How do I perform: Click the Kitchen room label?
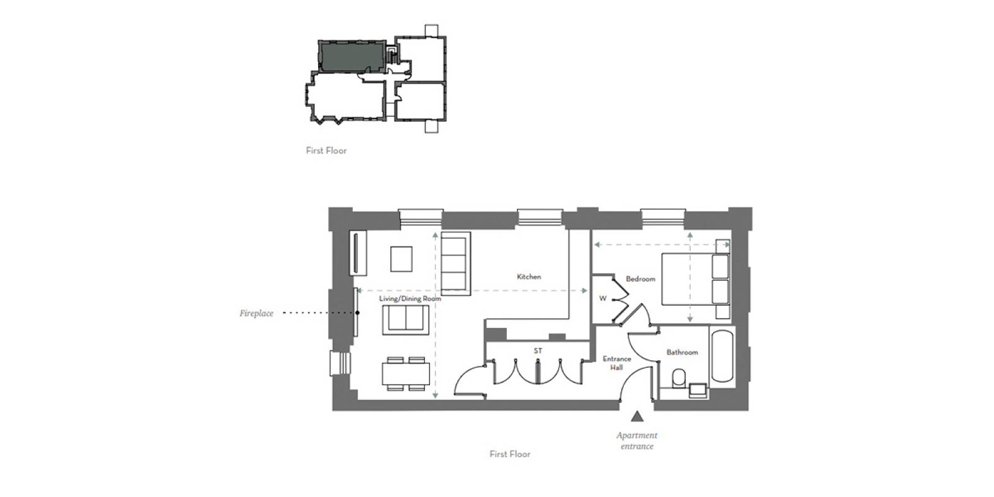click(x=529, y=276)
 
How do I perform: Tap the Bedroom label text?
click(x=640, y=279)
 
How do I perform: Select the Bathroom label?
click(x=682, y=352)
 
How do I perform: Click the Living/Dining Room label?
click(x=410, y=299)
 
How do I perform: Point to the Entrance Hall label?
click(x=616, y=363)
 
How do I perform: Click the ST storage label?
click(x=537, y=351)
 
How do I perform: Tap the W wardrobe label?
click(x=602, y=299)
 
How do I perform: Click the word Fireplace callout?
click(x=257, y=313)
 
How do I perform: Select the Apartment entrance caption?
click(x=637, y=440)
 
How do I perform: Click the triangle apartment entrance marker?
click(x=636, y=416)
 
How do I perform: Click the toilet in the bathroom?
click(x=679, y=378)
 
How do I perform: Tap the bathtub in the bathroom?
click(x=722, y=356)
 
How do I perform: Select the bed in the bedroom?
click(x=695, y=279)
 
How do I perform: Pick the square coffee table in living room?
click(x=401, y=259)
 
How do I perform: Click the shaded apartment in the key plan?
click(x=350, y=56)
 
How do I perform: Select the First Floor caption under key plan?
click(x=326, y=150)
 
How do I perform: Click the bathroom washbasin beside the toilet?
click(x=698, y=390)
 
